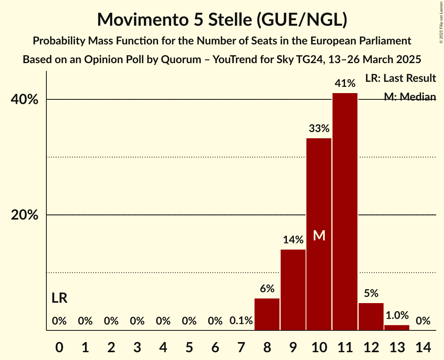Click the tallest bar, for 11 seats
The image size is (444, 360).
coord(345,212)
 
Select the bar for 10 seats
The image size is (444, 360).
coord(319,234)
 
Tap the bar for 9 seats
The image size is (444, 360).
coord(293,290)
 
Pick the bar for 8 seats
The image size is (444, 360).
coord(267,314)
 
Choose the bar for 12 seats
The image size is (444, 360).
coord(371,316)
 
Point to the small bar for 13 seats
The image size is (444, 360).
coord(397,328)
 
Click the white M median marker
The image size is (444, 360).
coord(319,235)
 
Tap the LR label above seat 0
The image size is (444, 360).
coord(59,298)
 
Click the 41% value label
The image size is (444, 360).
coord(345,83)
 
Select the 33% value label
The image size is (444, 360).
coord(319,128)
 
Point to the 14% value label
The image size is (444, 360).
coord(293,240)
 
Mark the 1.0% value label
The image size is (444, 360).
coord(397,315)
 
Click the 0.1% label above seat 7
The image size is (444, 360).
coord(241,321)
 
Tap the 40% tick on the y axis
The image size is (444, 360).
coord(25,100)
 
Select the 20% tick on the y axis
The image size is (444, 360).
coord(25,215)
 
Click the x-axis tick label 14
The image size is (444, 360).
coord(423,346)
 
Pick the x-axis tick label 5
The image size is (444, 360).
coord(189,346)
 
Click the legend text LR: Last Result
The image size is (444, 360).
coord(400,78)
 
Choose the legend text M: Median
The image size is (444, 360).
coord(410,97)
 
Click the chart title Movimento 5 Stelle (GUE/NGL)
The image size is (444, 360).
coord(222,19)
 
